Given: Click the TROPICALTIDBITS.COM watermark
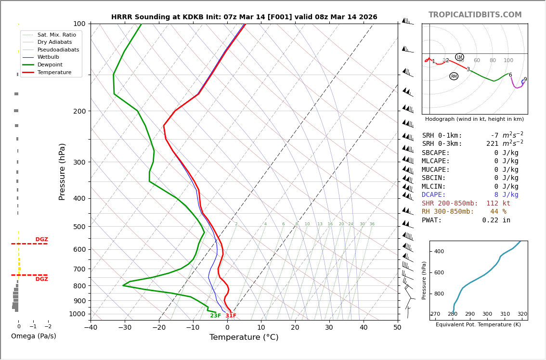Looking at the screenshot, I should [x=475, y=15].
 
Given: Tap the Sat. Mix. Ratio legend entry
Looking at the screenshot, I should [x=56, y=35].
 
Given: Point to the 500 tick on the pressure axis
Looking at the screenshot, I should [x=79, y=227].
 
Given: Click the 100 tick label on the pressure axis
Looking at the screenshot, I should [x=79, y=24].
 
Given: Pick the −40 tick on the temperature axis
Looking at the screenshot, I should [x=91, y=328].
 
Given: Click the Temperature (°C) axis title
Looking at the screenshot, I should [x=244, y=337].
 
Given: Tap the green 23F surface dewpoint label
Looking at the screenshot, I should [x=215, y=316].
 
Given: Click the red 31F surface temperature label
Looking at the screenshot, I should [x=231, y=316].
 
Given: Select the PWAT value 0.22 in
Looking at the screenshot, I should [x=496, y=220].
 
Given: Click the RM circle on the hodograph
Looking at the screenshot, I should [x=454, y=77].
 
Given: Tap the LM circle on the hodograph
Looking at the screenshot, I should [x=459, y=57].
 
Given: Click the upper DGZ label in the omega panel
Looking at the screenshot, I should [x=41, y=240].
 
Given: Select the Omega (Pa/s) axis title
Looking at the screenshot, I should [x=33, y=336].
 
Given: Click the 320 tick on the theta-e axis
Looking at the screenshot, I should [x=522, y=314].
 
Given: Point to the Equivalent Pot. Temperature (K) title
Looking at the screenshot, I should [x=478, y=325].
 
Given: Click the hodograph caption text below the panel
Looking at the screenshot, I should [x=474, y=119].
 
